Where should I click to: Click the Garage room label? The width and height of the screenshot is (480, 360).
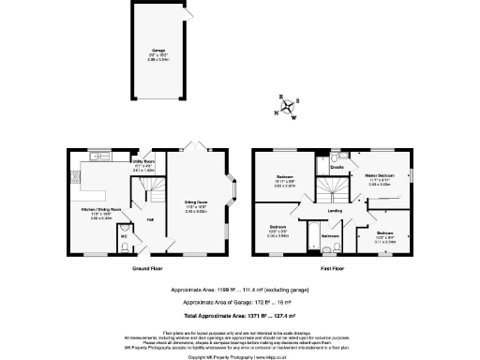point(159,52)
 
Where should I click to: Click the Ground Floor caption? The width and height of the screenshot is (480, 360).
point(149,266)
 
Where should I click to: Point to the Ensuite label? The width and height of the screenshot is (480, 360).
point(337,169)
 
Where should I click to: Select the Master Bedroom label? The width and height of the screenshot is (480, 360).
point(380,178)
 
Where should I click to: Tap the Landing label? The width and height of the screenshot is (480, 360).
point(334,212)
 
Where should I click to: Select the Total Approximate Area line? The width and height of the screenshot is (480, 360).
point(240,319)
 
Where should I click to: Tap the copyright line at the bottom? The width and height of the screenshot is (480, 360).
point(240,357)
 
